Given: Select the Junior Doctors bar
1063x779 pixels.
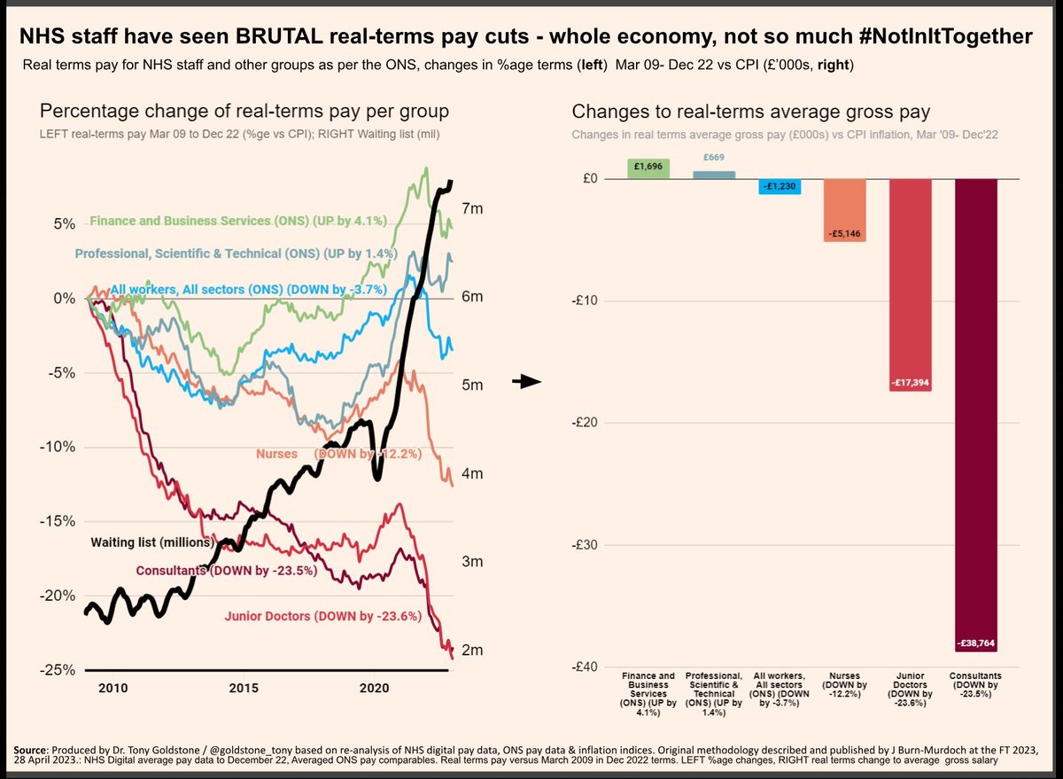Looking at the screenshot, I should tap(911, 284).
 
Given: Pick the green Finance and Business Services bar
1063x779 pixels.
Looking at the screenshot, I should tap(648, 168).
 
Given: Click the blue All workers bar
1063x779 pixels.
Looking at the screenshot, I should tap(780, 186).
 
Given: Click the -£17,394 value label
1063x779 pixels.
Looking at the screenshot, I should tap(911, 383).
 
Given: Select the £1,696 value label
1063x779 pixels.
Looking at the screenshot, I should tap(648, 165).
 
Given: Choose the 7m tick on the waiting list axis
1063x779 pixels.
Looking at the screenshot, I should tap(471, 208).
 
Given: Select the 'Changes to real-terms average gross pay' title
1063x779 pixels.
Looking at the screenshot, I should tap(751, 112).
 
